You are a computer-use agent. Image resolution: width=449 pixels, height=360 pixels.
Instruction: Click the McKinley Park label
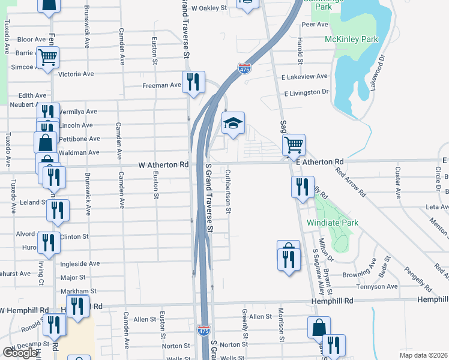pyautogui.click(x=352, y=40)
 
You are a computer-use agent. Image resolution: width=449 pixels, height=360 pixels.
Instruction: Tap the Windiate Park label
pyautogui.click(x=333, y=223)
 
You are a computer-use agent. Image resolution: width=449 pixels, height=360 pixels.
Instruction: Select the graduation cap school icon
pyautogui.click(x=234, y=124)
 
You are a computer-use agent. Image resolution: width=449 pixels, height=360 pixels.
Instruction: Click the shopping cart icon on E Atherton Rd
pyautogui.click(x=294, y=144)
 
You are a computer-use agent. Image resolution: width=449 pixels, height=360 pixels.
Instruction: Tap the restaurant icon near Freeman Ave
pyautogui.click(x=193, y=82)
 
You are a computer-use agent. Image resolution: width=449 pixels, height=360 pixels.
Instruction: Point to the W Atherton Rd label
pyautogui.click(x=164, y=164)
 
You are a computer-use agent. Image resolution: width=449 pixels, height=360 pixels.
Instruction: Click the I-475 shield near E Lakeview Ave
pyautogui.click(x=244, y=68)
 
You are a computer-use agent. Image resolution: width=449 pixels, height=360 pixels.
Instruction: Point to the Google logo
pyautogui.click(x=20, y=353)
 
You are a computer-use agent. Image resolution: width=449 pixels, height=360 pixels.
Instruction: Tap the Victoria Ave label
pyautogui.click(x=76, y=74)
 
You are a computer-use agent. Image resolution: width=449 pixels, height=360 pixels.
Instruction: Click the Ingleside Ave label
pyautogui.click(x=80, y=263)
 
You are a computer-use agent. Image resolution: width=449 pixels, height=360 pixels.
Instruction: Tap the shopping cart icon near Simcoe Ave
pyautogui.click(x=47, y=58)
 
